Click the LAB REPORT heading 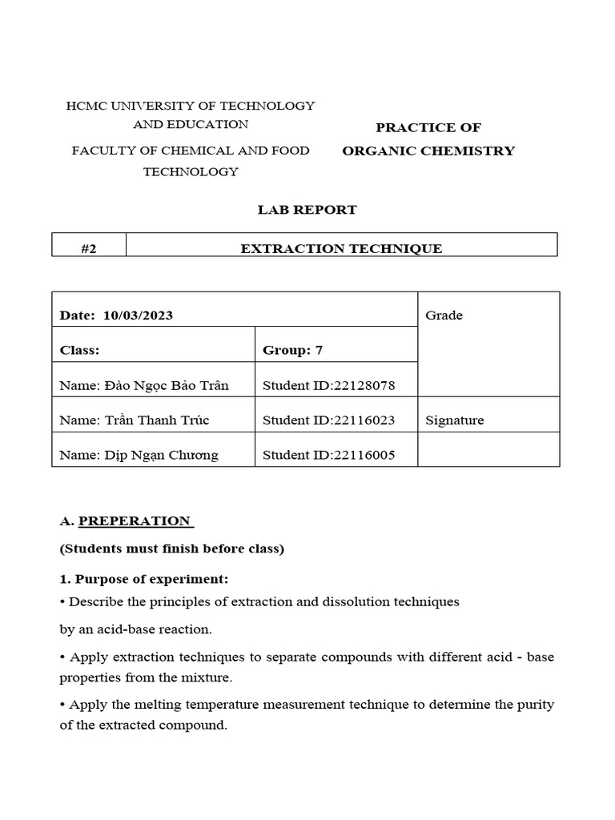click(307, 210)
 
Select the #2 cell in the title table click(89, 249)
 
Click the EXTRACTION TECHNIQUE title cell click(341, 249)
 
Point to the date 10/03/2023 click(138, 316)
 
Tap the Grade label click(444, 316)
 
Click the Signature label click(454, 420)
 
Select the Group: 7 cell click(292, 350)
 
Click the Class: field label click(79, 350)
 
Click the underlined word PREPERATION click(135, 521)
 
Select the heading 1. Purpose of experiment click(144, 579)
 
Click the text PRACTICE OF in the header click(428, 128)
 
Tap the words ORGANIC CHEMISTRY click(428, 151)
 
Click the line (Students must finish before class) click(171, 549)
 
